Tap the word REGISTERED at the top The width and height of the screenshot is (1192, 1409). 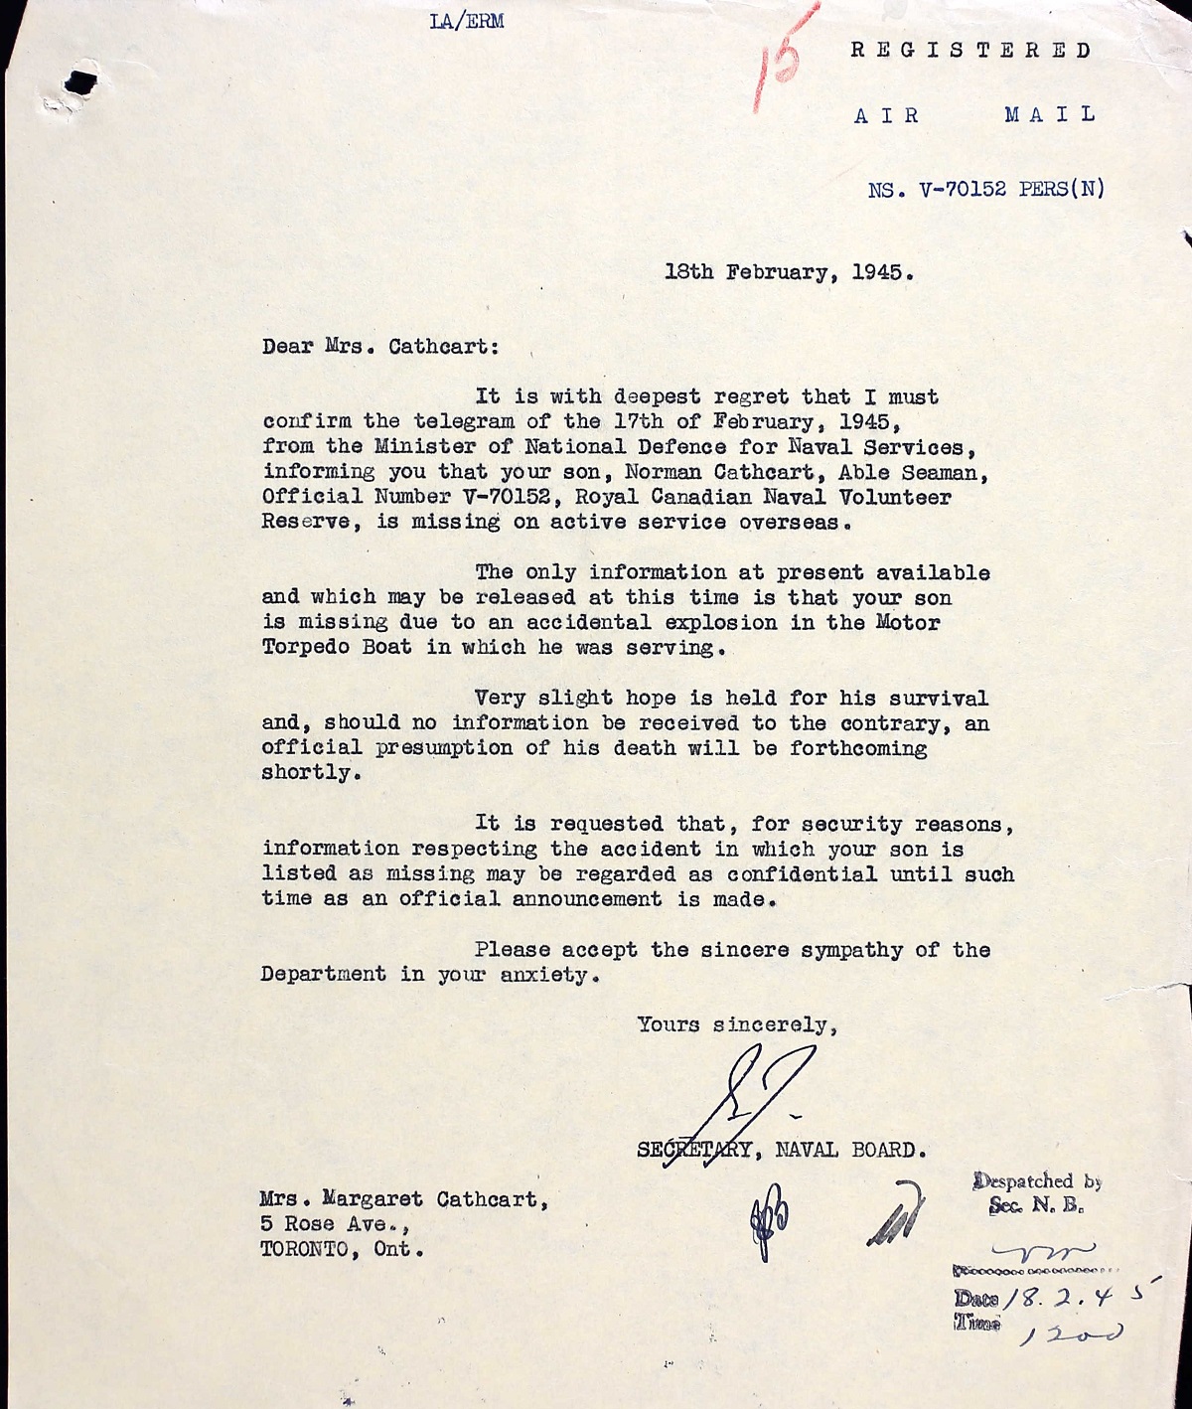pos(971,51)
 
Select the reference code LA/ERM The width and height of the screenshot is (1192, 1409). pos(466,22)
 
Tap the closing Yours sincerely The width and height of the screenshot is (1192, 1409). pos(736,1024)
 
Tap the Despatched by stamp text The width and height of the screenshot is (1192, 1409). pos(1037,1182)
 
